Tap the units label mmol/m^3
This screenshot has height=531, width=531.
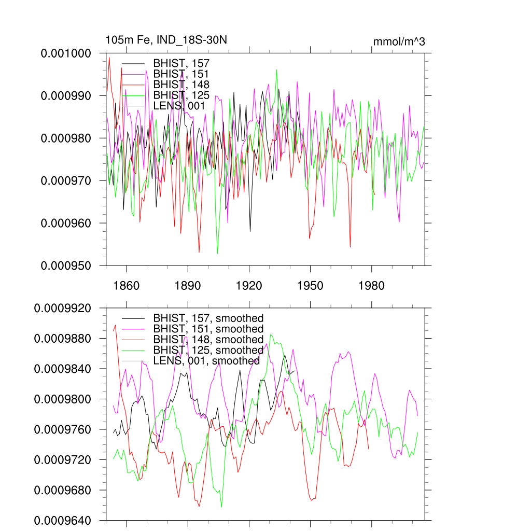(399, 41)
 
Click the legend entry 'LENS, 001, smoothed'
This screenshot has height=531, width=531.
(206, 361)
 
